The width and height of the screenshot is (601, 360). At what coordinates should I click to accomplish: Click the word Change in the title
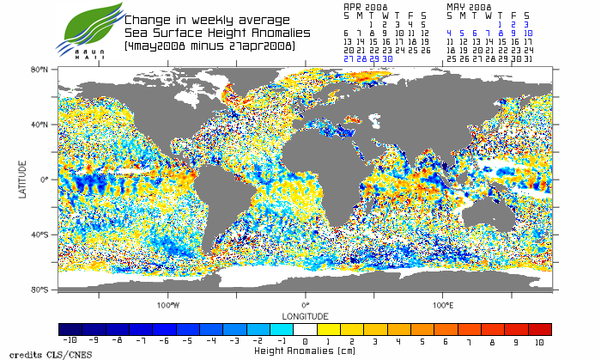pyautogui.click(x=146, y=20)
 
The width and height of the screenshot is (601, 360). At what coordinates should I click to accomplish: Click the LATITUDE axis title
pyautogui.click(x=24, y=180)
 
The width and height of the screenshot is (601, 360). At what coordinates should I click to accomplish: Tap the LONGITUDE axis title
pyautogui.click(x=305, y=315)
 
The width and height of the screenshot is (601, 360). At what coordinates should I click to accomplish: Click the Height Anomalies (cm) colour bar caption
pyautogui.click(x=305, y=351)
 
